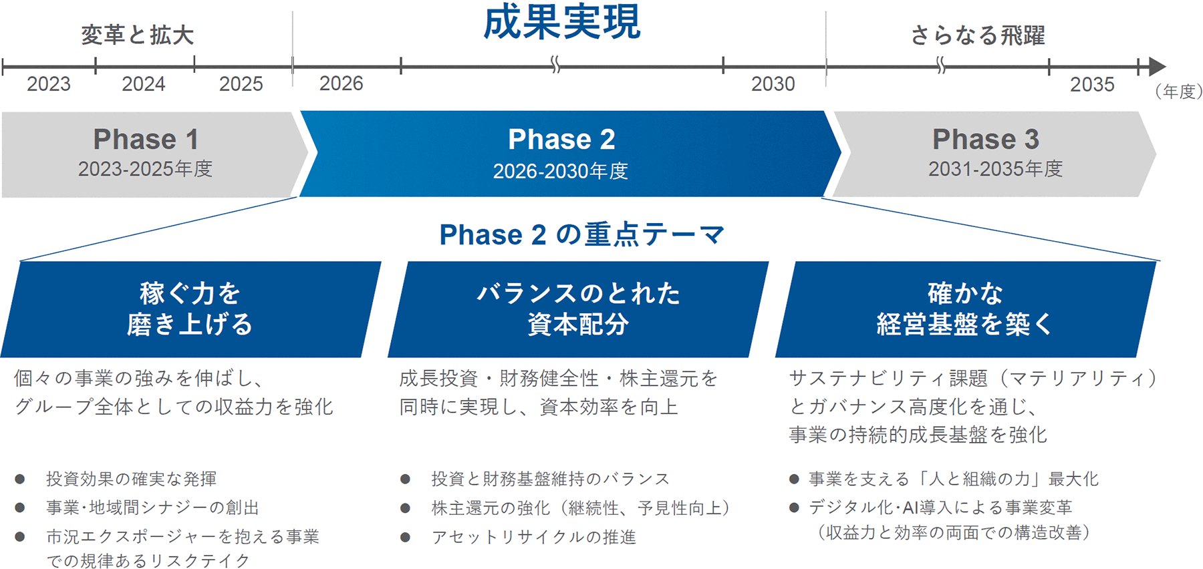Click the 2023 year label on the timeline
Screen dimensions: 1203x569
(49, 84)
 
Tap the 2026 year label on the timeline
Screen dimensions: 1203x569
(342, 83)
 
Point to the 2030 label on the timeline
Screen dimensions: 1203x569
(773, 84)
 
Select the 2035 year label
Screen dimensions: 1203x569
(1092, 85)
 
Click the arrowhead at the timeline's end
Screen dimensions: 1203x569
(1158, 67)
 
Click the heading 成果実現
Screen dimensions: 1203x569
(561, 23)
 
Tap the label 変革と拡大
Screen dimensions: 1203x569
(138, 35)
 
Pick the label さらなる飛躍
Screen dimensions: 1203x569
(978, 35)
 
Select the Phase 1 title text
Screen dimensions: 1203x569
(146, 140)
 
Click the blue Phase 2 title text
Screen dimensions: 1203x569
(561, 140)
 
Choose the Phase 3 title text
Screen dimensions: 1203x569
(986, 140)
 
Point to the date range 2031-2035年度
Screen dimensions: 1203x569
(995, 169)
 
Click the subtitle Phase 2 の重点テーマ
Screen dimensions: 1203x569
(582, 234)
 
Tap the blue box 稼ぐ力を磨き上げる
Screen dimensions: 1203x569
(190, 309)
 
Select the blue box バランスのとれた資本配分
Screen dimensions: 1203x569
(578, 309)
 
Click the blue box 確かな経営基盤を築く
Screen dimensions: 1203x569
(966, 309)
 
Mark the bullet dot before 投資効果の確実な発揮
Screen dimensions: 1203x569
(20, 479)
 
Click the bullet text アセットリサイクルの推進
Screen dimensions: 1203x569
(533, 537)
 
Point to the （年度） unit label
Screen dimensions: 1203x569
(1179, 91)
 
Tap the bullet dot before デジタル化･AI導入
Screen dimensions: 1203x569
(794, 508)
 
